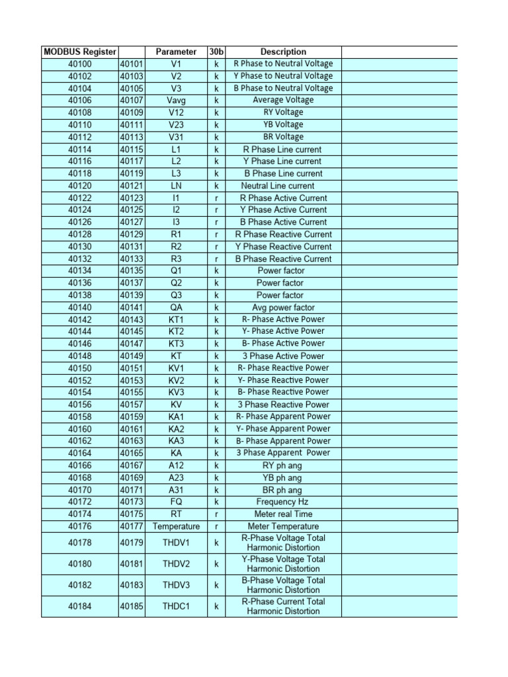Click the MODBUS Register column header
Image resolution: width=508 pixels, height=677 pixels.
79,52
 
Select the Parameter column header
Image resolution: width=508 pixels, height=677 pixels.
176,52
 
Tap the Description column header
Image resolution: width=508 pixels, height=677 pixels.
283,52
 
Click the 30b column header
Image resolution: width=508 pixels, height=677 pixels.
216,52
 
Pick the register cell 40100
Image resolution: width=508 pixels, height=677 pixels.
80,64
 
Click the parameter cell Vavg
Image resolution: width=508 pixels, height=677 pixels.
176,100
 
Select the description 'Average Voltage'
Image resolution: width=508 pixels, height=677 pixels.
283,100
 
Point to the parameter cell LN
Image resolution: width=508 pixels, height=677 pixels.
176,186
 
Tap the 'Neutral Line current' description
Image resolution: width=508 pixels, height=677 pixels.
278,186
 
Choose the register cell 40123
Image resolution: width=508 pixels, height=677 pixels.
132,198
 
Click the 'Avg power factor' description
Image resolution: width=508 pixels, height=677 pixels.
283,307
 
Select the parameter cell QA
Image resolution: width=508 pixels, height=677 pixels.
176,307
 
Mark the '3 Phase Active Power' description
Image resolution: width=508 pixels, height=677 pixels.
283,356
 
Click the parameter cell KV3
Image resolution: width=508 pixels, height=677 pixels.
176,392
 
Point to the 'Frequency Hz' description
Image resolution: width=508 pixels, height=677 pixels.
283,502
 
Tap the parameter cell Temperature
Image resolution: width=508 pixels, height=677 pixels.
176,526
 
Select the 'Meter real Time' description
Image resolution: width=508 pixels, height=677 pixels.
283,514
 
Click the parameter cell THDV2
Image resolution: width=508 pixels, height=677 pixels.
176,564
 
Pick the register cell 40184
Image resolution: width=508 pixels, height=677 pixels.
80,606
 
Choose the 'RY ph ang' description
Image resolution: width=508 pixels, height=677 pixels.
283,465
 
